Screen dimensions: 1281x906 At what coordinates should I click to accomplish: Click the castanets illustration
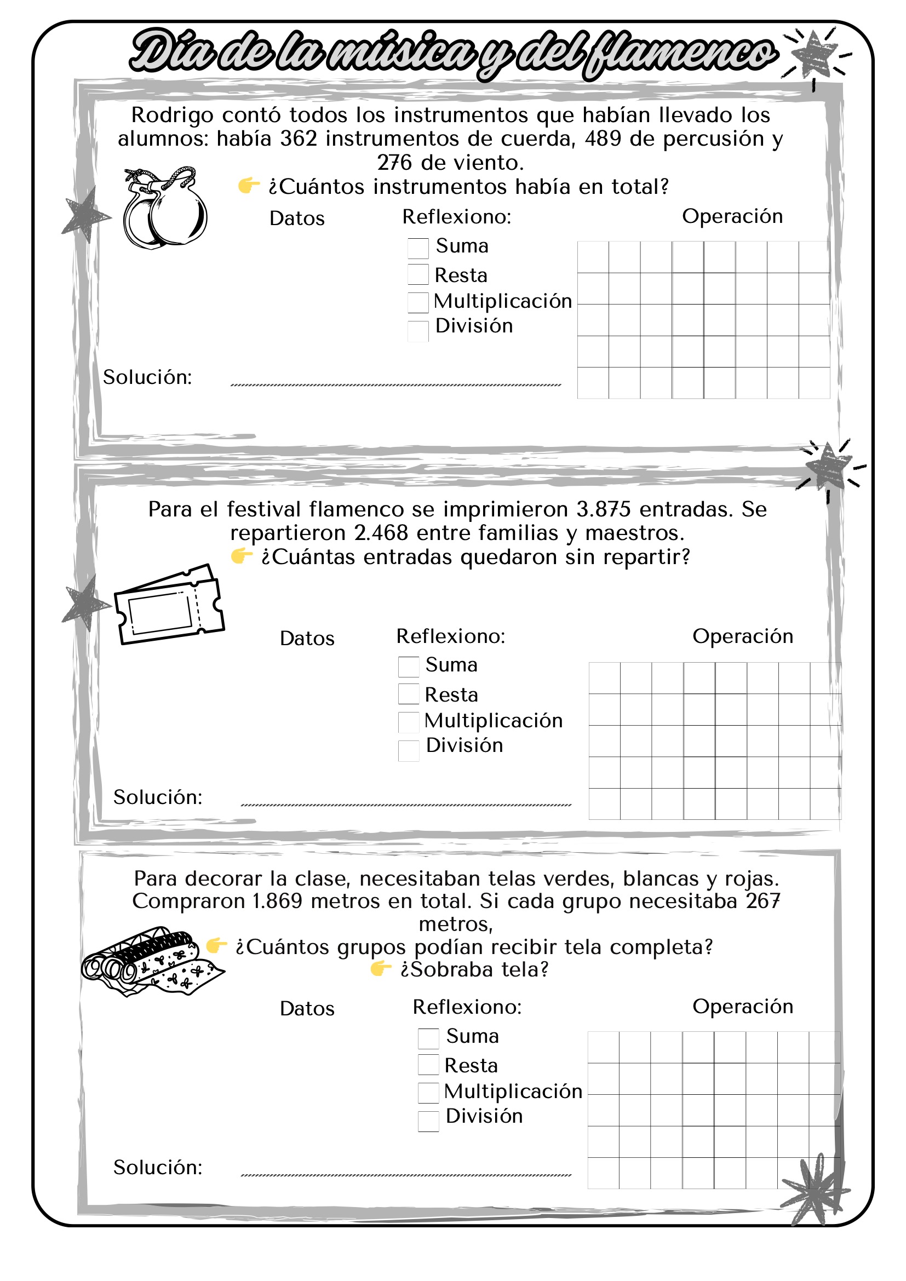tap(165, 208)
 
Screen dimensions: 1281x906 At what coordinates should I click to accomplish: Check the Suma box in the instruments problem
tap(418, 248)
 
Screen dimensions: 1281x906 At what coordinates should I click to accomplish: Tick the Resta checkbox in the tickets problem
tap(409, 694)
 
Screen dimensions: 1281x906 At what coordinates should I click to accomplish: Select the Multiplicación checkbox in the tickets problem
tap(409, 721)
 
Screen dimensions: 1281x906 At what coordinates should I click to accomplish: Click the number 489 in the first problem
tap(603, 139)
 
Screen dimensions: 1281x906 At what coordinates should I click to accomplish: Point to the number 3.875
tap(604, 509)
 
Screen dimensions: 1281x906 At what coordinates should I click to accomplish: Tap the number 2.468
tap(381, 533)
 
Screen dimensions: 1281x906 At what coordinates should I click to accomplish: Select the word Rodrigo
tap(173, 116)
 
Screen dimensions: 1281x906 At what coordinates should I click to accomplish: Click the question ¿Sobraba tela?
tap(474, 970)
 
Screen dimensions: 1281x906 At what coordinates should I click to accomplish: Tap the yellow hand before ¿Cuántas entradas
tap(242, 556)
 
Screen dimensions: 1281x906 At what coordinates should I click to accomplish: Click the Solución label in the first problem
tap(147, 378)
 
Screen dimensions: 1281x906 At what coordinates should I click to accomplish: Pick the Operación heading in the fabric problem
tap(743, 1007)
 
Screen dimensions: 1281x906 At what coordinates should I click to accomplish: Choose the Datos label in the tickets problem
tap(307, 638)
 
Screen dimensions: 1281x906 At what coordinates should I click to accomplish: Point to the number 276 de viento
tap(394, 163)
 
